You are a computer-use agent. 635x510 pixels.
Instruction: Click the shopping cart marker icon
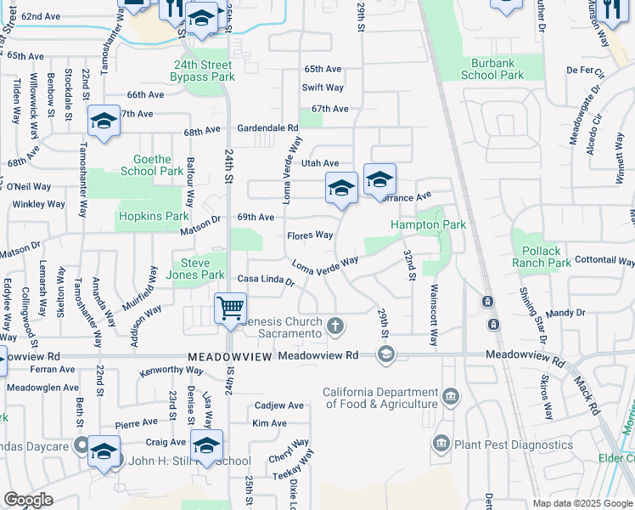click(231, 309)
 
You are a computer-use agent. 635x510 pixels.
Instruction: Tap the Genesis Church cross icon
click(336, 325)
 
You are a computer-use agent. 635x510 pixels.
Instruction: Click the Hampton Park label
click(428, 224)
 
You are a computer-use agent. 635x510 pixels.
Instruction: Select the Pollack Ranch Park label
click(542, 257)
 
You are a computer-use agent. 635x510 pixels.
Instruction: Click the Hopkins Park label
click(154, 217)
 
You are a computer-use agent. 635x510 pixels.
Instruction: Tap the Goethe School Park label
click(152, 165)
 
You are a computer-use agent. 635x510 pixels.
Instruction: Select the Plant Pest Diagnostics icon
click(441, 443)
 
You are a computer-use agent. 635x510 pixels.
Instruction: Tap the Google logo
click(28, 500)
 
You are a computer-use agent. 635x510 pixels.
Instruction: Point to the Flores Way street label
click(310, 235)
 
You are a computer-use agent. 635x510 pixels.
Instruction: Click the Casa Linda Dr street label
click(265, 280)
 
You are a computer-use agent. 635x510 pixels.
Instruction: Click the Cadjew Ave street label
click(278, 405)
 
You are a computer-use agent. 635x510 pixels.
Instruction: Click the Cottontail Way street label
click(604, 259)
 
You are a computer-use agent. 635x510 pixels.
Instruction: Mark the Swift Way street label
click(323, 88)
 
